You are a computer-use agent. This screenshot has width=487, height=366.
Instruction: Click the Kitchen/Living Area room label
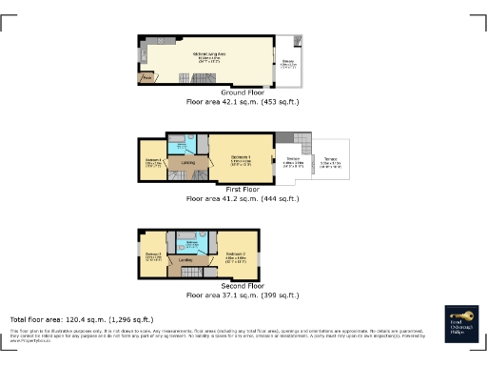coord(208,55)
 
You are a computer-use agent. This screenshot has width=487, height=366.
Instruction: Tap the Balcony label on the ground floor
coord(288,65)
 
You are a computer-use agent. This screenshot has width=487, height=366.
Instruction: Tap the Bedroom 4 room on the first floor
coord(152,162)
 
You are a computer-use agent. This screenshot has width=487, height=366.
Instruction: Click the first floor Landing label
coord(187,163)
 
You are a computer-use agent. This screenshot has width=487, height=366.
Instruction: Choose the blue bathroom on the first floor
coord(182,146)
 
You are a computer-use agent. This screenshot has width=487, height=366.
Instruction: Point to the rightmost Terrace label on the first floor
coord(329,161)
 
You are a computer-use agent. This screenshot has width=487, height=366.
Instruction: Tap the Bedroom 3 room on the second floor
coord(151,254)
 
